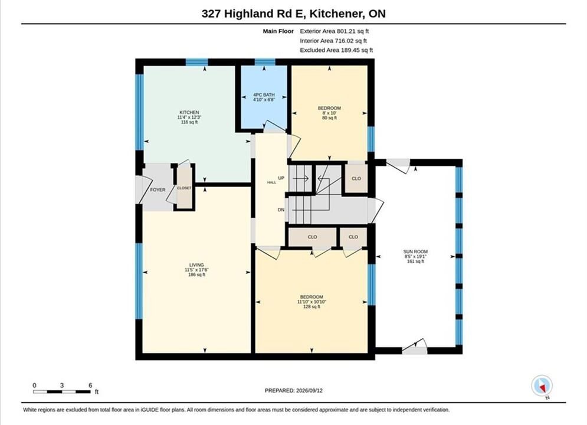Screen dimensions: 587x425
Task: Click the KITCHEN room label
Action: [189, 112]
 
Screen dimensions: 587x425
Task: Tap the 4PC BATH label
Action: [264, 94]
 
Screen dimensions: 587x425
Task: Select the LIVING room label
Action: [196, 264]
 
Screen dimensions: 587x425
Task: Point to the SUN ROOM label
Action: [415, 251]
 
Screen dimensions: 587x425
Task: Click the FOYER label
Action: [158, 190]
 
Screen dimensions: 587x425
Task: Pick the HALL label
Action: [272, 182]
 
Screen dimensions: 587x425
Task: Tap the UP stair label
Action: [281, 178]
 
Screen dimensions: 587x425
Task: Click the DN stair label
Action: [281, 210]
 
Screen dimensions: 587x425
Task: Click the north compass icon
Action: [542, 385]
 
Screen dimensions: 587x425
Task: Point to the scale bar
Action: [62, 392]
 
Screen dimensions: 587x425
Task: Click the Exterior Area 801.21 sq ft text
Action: [335, 31]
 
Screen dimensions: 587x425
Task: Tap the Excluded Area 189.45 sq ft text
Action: [336, 50]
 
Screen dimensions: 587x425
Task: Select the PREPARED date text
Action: [294, 390]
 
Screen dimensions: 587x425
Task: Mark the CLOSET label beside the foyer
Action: [184, 188]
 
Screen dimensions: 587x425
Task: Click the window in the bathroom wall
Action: [265, 62]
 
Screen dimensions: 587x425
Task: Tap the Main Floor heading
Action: [278, 31]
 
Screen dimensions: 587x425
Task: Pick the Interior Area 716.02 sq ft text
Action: [333, 41]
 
